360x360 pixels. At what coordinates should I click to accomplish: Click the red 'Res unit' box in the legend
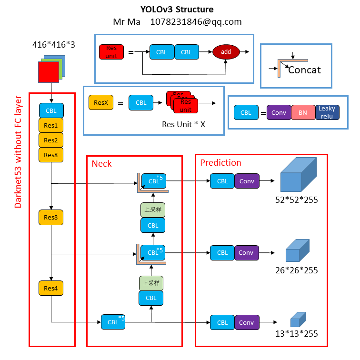(111, 52)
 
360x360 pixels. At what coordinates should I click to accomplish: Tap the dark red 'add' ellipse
(225, 52)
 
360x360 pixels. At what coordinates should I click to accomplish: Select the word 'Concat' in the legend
(304, 70)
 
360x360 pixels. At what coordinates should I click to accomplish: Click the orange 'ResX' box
(101, 102)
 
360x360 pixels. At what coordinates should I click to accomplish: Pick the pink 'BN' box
(303, 113)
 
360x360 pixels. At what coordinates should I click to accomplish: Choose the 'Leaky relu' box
(327, 112)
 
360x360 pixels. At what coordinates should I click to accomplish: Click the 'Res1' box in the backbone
(51, 126)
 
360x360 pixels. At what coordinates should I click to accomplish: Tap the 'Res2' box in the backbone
(51, 140)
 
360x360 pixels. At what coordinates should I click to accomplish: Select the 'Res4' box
(51, 288)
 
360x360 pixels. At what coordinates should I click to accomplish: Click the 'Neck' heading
(101, 164)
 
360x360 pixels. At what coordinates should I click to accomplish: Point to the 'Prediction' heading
(220, 163)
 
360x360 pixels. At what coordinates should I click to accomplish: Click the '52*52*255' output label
(296, 199)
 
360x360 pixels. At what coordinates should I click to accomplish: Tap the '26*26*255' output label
(296, 270)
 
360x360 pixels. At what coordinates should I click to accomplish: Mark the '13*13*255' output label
(296, 334)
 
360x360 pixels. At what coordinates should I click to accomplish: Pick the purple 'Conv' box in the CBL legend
(279, 113)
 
